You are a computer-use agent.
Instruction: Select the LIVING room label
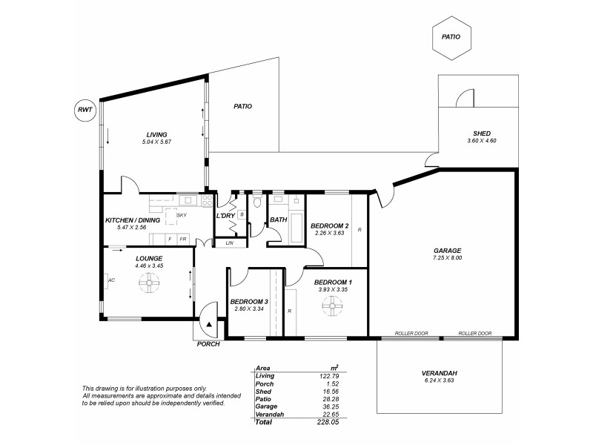pyautogui.click(x=156, y=134)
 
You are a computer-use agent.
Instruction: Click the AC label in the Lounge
pyautogui.click(x=111, y=280)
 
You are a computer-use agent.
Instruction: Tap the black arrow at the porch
pyautogui.click(x=210, y=324)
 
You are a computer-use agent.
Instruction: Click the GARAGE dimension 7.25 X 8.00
pyautogui.click(x=447, y=258)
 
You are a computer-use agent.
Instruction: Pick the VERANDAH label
pyautogui.click(x=440, y=374)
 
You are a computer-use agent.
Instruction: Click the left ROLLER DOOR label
pyautogui.click(x=411, y=334)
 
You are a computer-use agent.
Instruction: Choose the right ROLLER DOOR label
pyautogui.click(x=474, y=334)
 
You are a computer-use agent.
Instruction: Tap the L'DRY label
pyautogui.click(x=225, y=215)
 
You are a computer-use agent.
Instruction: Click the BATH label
pyautogui.click(x=278, y=220)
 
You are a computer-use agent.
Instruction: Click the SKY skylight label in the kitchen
pyautogui.click(x=181, y=214)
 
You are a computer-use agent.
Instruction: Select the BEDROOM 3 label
pyautogui.click(x=248, y=301)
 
